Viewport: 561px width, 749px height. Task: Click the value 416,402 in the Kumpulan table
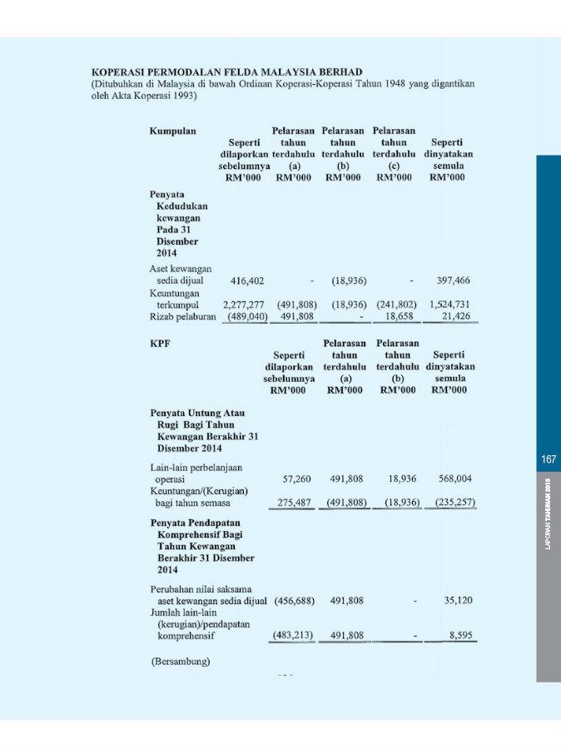(x=248, y=280)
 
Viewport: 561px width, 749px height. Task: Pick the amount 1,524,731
(x=449, y=305)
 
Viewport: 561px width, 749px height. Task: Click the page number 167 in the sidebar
(x=549, y=459)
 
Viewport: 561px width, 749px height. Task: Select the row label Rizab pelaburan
(x=178, y=316)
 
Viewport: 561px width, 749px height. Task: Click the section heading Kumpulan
(x=173, y=131)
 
